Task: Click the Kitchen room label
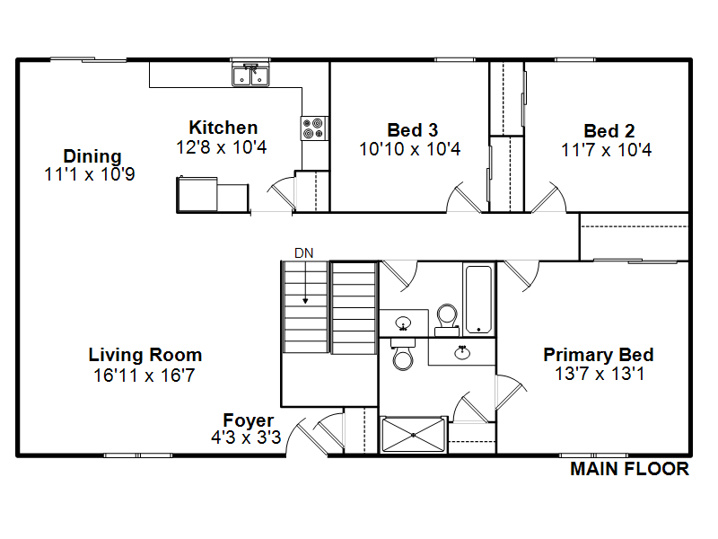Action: point(223,128)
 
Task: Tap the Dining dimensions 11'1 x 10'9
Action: point(90,174)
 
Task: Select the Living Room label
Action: point(145,355)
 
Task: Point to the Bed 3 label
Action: point(413,130)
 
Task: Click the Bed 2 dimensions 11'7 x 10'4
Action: point(607,150)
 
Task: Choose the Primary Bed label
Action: point(599,355)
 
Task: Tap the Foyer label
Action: point(249,420)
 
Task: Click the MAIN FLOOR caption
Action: point(630,469)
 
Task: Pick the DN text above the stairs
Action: point(303,253)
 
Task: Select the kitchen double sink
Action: point(250,75)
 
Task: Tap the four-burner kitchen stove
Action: point(314,128)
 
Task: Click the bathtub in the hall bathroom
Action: point(478,299)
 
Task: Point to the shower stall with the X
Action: point(413,435)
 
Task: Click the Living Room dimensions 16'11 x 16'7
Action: point(144,376)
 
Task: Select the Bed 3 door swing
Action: point(463,198)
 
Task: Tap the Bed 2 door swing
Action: point(549,198)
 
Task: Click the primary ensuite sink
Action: point(462,352)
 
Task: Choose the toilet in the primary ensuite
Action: point(403,354)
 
